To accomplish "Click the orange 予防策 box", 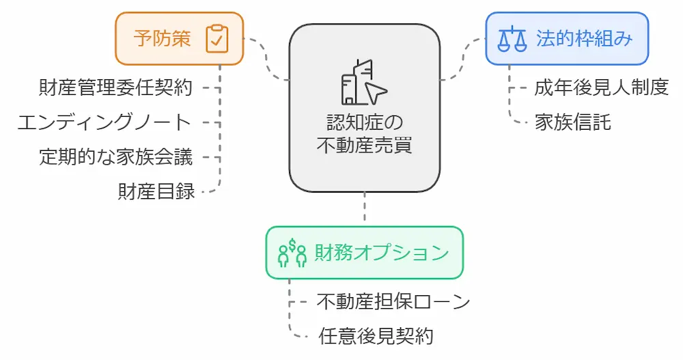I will (179, 38).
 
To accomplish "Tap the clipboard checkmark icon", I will (217, 39).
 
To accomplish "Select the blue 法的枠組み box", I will (567, 38).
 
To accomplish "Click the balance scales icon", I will (512, 39).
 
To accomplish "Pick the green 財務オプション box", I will (364, 253).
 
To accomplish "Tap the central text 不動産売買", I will (364, 145).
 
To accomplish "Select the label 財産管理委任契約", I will (116, 88).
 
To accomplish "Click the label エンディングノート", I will (104, 123).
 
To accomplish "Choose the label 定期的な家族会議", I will (116, 158).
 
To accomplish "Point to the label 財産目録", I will (156, 192).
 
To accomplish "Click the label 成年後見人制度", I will (601, 88).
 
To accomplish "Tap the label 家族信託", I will (572, 123).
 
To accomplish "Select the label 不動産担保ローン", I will (393, 301).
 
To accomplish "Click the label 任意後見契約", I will (376, 336).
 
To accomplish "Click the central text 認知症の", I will (364, 123).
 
